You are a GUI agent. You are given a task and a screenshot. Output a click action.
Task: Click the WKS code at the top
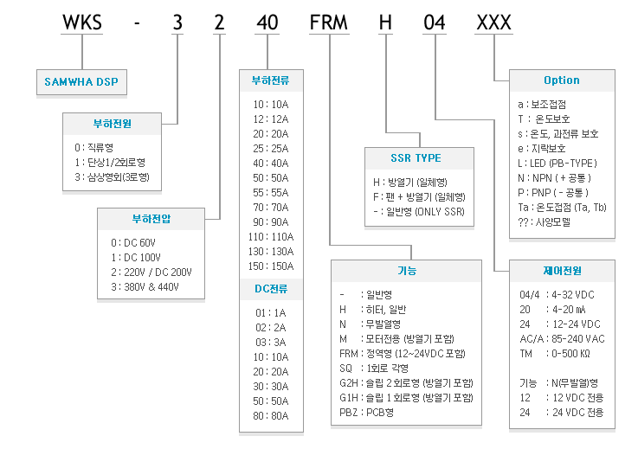point(81,22)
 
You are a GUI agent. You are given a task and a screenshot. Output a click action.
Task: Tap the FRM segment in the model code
point(329,22)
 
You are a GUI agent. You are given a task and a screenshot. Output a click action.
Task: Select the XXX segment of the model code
point(493,22)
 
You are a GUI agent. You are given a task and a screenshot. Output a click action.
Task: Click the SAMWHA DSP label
point(81,81)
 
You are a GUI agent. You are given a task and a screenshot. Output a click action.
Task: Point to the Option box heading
point(562,80)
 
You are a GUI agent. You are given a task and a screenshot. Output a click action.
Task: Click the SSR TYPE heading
point(416,157)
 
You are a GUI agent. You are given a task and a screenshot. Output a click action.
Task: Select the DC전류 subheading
point(271,289)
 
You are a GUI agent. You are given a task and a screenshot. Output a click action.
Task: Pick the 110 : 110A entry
point(271,237)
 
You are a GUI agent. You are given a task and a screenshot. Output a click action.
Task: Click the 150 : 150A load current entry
point(271,266)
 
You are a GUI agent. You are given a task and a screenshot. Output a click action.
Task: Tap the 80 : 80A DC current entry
point(271,415)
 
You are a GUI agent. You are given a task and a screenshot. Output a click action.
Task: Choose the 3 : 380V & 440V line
point(145,286)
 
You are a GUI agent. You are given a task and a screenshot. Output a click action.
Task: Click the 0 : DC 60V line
point(133,243)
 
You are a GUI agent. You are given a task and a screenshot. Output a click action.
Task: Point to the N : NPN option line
point(554,177)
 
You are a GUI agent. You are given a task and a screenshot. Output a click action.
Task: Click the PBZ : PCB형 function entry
point(366,413)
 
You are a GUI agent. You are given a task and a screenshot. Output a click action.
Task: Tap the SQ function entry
point(374,368)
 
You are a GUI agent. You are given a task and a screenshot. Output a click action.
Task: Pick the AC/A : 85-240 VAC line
point(562,339)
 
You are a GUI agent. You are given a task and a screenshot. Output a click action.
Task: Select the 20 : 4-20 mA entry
point(552,310)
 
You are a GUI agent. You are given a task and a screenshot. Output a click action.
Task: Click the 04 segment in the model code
point(435,22)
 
